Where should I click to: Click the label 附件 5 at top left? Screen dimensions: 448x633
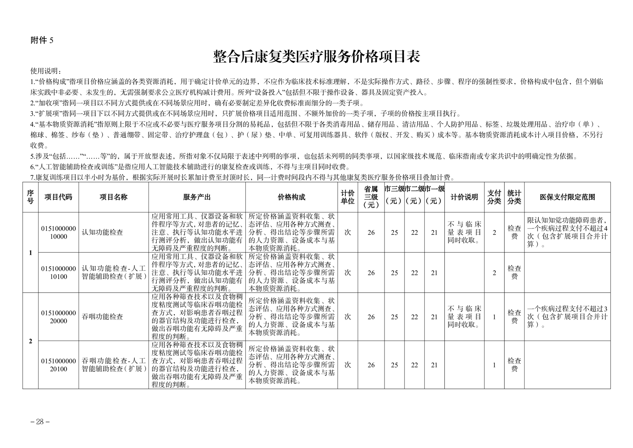tap(42, 40)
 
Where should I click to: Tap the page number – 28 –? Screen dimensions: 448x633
tap(40, 422)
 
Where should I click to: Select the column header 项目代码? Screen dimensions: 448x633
tap(58, 197)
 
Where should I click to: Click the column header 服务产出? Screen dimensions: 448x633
tap(197, 197)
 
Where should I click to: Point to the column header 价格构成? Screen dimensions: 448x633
tap(291, 197)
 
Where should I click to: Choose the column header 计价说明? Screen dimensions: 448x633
tap(464, 197)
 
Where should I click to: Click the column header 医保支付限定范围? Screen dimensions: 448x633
tap(567, 197)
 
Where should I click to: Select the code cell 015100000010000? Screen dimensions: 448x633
tap(58, 232)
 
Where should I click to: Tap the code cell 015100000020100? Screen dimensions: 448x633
tap(58, 365)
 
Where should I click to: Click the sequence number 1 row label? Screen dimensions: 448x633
tap(30, 253)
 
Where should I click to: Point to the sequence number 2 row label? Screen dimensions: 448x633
tap(30, 341)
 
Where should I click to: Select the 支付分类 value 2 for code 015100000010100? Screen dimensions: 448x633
tap(494, 273)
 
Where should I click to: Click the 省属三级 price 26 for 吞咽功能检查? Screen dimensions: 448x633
tap(371, 317)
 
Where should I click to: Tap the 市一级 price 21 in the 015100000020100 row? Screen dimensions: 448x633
tap(434, 365)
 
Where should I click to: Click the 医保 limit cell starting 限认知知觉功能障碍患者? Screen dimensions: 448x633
tap(567, 232)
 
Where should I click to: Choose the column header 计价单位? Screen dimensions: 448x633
tap(347, 197)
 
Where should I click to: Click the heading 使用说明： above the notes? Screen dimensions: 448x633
tap(46, 71)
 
